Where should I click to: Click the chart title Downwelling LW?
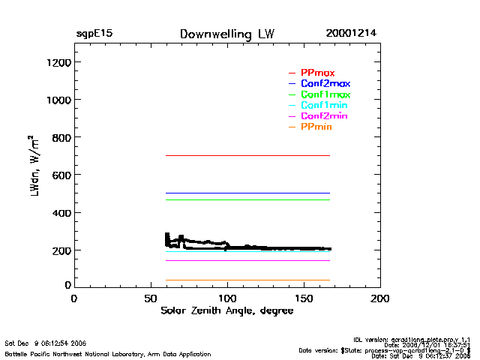227,34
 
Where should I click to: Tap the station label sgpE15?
94,34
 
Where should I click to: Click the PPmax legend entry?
317,72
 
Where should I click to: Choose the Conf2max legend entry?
325,83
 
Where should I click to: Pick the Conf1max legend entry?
325,94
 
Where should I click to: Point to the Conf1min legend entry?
324,106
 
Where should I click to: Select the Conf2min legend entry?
324,116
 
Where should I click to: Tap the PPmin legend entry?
316,127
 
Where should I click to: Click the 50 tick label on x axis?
151,298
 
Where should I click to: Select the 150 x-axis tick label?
304,298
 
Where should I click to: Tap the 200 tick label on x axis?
381,298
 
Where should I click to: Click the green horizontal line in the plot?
247,199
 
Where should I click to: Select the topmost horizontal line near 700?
247,155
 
